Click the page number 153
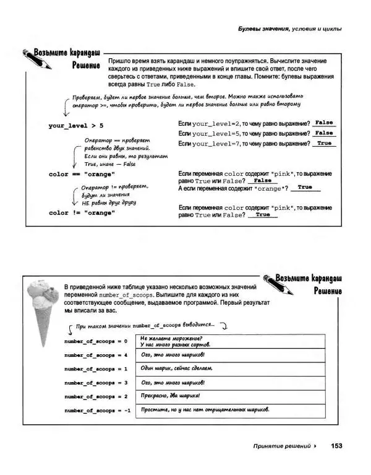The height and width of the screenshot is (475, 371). [336, 445]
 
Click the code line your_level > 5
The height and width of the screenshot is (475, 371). [76, 126]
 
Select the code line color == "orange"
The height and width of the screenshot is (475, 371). [82, 174]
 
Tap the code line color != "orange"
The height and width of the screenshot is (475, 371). [82, 212]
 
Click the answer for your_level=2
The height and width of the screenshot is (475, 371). [323, 123]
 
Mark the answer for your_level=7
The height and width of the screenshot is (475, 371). [323, 143]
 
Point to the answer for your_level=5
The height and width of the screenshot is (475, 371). [323, 133]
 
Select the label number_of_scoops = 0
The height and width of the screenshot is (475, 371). [95, 341]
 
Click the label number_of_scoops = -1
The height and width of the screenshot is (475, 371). [97, 411]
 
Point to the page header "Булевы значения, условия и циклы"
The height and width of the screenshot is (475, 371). [290, 28]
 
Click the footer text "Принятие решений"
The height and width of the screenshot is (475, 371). [281, 446]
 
